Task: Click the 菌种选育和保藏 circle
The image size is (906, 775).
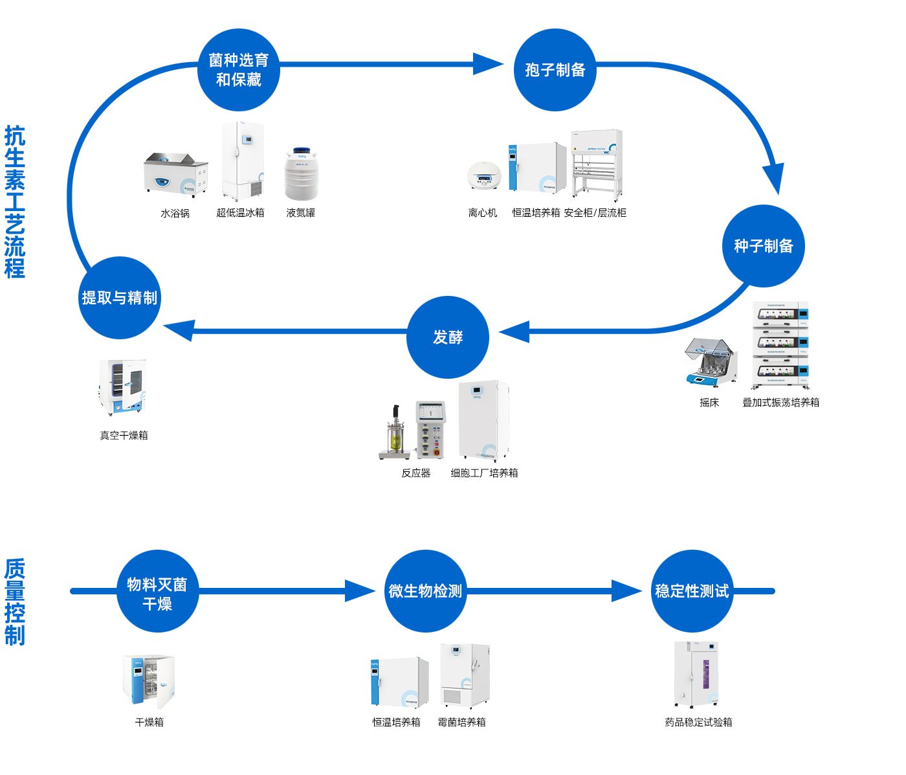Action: [238, 70]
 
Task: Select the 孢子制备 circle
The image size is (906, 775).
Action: [555, 70]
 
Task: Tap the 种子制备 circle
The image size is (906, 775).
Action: [763, 246]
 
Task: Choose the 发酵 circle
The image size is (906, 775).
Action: [448, 337]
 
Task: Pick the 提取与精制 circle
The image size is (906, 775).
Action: [120, 298]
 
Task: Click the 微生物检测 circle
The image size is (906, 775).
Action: [425, 591]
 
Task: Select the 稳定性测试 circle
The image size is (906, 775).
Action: [692, 591]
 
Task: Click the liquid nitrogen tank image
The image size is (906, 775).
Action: [302, 174]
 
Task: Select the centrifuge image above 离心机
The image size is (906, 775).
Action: [484, 175]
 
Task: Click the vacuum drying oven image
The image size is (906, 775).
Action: [122, 387]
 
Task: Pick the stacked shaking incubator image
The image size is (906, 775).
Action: [780, 346]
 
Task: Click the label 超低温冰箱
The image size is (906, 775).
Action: [240, 213]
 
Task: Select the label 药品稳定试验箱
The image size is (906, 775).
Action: [698, 723]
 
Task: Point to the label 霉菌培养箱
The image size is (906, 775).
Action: [461, 723]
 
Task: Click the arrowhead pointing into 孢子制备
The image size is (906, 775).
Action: [489, 64]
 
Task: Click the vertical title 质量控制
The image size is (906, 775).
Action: [15, 602]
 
